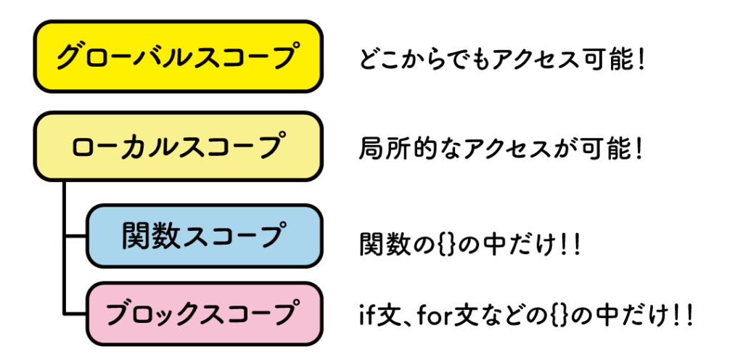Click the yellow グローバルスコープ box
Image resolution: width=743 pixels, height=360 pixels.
click(x=177, y=57)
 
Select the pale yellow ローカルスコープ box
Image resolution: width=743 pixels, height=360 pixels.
click(x=177, y=146)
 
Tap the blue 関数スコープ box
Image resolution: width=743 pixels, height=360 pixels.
click(x=203, y=236)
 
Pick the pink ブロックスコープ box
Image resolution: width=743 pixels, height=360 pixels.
click(x=203, y=314)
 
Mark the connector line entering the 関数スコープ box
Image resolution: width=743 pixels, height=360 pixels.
click(x=75, y=236)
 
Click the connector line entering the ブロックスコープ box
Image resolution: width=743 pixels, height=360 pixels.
click(x=75, y=314)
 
